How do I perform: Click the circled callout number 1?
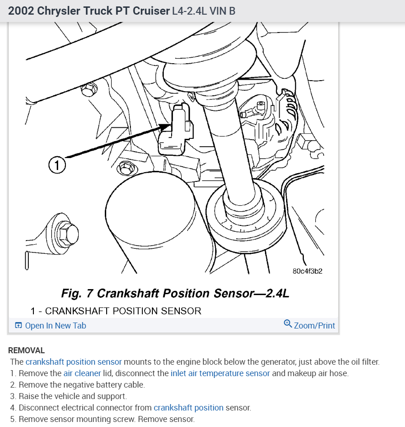[x=57, y=165]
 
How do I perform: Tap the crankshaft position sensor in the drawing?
[x=174, y=131]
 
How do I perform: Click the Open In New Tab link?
[x=55, y=326]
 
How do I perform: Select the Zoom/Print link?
[x=314, y=326]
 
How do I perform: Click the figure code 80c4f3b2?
[x=308, y=271]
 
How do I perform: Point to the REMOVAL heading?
[x=27, y=350]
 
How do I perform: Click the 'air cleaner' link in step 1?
[x=82, y=373]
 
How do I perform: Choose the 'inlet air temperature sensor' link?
[x=220, y=373]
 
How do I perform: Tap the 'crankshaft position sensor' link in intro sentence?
[x=74, y=362]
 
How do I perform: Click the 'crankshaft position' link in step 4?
[x=189, y=408]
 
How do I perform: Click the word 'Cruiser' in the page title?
[x=151, y=11]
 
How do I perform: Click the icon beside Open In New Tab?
[x=18, y=326]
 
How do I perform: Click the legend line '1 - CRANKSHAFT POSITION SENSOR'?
[x=116, y=311]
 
